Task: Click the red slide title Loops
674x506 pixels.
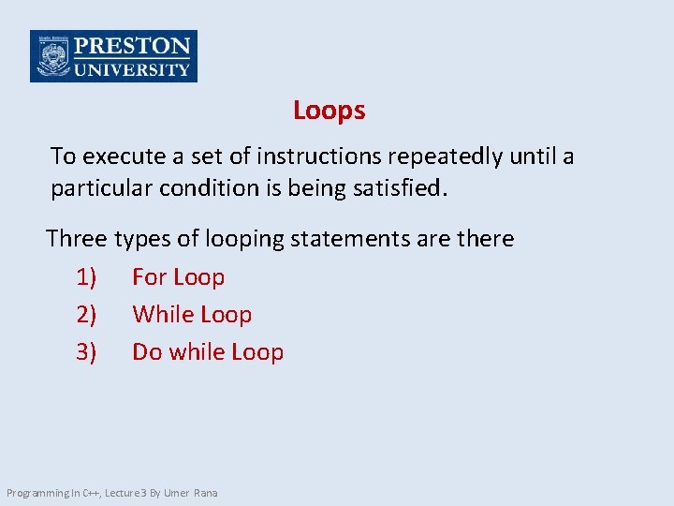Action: pyautogui.click(x=329, y=111)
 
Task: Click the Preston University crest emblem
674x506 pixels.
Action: pyautogui.click(x=51, y=56)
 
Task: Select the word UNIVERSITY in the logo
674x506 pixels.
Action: pyautogui.click(x=132, y=68)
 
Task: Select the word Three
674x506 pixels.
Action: pyautogui.click(x=78, y=239)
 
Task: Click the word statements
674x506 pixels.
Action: pyautogui.click(x=351, y=239)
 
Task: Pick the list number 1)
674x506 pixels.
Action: pyautogui.click(x=86, y=277)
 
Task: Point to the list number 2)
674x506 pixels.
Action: pyautogui.click(x=86, y=315)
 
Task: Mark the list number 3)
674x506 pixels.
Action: pyautogui.click(x=86, y=352)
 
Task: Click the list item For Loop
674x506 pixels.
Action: pyautogui.click(x=178, y=277)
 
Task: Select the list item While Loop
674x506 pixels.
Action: pyautogui.click(x=192, y=315)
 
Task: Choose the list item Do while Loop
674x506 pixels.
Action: pyautogui.click(x=208, y=352)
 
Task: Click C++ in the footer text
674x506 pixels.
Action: pyautogui.click(x=91, y=493)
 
